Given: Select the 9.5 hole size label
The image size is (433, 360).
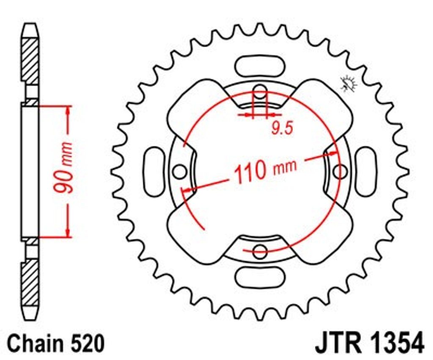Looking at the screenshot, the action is (x=282, y=128).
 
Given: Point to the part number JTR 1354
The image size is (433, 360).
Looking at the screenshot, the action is (x=370, y=343).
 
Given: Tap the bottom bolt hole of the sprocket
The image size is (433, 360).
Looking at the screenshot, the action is (x=260, y=251).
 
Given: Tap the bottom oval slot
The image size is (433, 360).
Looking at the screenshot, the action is (x=260, y=277).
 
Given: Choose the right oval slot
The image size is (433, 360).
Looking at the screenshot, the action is (x=366, y=172).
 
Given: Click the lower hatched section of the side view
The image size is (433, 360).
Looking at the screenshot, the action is (x=30, y=282).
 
